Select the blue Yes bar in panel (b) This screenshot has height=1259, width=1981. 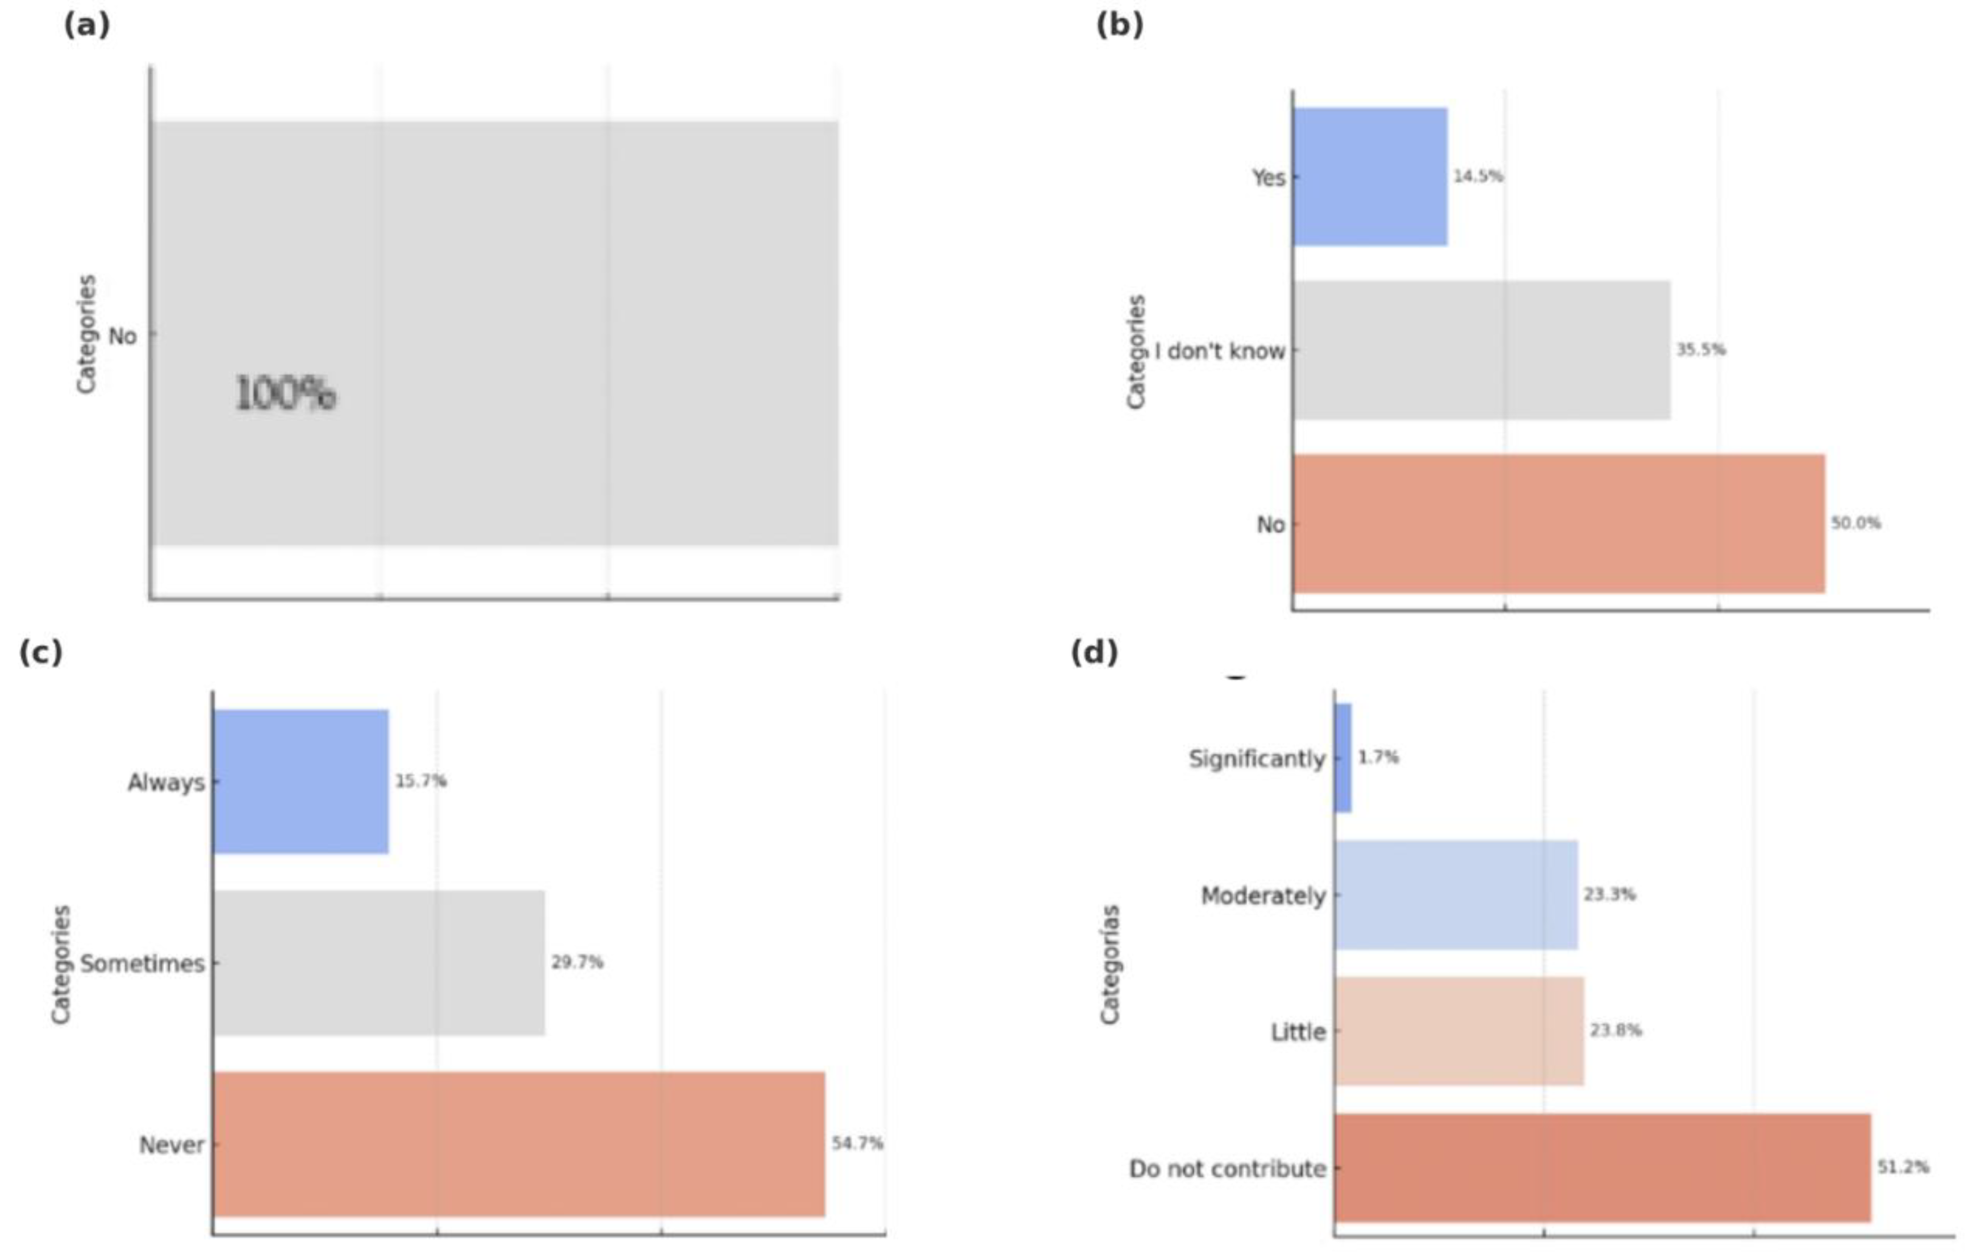(x=1370, y=176)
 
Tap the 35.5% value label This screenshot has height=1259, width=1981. (x=1700, y=349)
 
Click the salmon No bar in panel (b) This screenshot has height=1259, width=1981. (x=1558, y=523)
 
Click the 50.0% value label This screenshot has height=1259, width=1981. (x=1856, y=523)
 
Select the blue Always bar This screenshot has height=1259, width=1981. (x=301, y=781)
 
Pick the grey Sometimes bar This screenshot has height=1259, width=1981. (x=378, y=962)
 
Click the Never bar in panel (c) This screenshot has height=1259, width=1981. (x=518, y=1143)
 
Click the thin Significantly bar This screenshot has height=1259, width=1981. (x=1342, y=758)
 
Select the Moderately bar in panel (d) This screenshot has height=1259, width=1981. (x=1456, y=895)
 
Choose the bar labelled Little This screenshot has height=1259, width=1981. (x=1458, y=1030)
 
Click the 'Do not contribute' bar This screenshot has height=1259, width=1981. (x=1602, y=1168)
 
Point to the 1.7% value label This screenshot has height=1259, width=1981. (x=1378, y=756)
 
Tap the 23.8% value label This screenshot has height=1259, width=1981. (x=1615, y=1030)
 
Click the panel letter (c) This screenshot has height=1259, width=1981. (x=40, y=652)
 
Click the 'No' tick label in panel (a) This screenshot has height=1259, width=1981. (x=123, y=336)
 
